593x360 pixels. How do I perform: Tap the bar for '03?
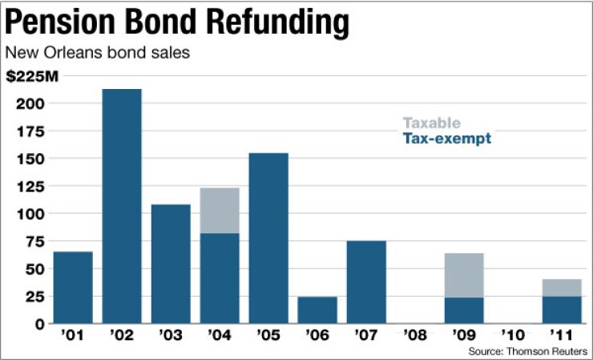tap(171, 264)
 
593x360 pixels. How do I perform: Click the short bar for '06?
tap(317, 309)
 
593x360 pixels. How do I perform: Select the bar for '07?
tap(366, 281)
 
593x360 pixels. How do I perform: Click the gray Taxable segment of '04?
tap(220, 210)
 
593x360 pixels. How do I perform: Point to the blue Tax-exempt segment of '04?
tap(220, 277)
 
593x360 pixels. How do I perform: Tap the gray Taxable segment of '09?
tap(464, 275)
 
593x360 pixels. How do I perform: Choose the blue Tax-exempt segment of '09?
tap(464, 310)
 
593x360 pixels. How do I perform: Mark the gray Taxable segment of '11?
tap(562, 287)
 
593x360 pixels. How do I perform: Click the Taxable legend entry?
tap(431, 123)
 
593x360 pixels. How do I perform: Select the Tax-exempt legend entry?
tap(446, 139)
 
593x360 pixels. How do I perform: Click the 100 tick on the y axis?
tap(27, 214)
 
